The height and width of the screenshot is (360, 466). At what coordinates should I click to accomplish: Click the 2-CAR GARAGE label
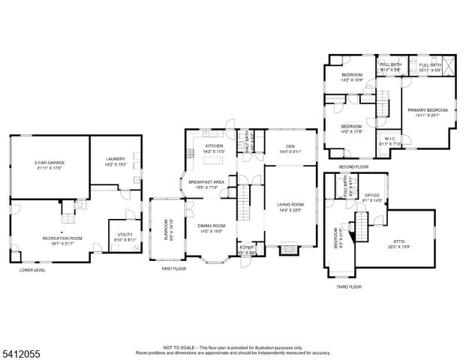pyautogui.click(x=48, y=163)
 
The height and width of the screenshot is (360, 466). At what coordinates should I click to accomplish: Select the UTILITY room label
pyautogui.click(x=125, y=235)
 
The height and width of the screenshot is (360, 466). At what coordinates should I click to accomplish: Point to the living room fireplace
pyautogui.click(x=289, y=250)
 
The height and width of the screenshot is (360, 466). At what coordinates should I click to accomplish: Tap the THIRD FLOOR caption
pyautogui.click(x=349, y=286)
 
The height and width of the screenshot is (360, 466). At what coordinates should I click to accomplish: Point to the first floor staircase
pyautogui.click(x=245, y=204)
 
